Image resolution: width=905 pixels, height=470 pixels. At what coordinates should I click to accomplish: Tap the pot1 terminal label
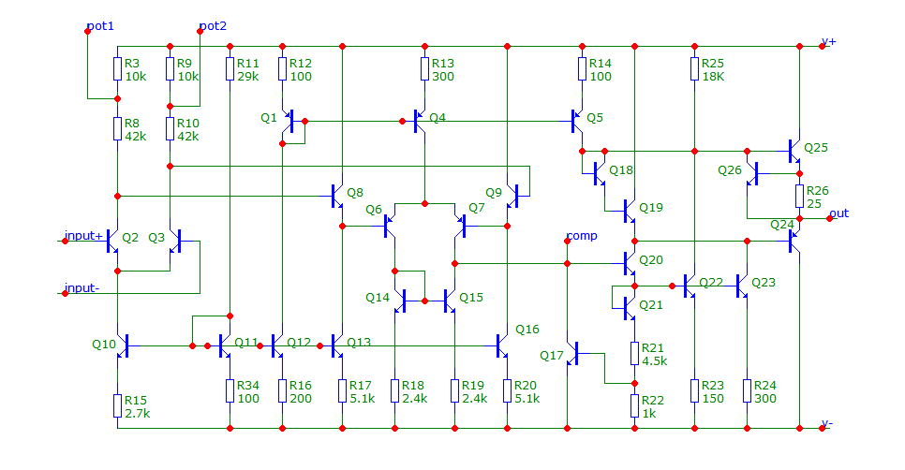tap(101, 25)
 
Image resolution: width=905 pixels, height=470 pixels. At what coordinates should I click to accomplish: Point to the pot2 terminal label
tap(213, 25)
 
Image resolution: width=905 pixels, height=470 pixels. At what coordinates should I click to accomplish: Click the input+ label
tap(84, 235)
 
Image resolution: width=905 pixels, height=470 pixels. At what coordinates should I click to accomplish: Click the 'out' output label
tap(839, 213)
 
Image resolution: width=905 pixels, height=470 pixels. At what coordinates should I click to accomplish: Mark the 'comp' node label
tap(582, 235)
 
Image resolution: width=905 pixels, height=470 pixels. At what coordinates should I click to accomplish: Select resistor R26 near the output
tap(799, 197)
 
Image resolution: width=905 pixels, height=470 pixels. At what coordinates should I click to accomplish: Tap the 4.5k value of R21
tap(655, 360)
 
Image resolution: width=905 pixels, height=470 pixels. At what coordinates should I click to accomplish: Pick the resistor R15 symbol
tap(117, 405)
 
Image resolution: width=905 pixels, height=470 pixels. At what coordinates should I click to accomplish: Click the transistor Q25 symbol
tap(795, 149)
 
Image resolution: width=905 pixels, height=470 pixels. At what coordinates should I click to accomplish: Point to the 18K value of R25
tap(714, 76)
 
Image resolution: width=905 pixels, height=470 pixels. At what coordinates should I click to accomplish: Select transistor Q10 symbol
tap(122, 345)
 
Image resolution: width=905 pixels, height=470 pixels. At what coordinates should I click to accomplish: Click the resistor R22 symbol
tap(634, 405)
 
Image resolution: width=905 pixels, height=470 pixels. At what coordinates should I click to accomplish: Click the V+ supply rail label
tap(829, 42)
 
